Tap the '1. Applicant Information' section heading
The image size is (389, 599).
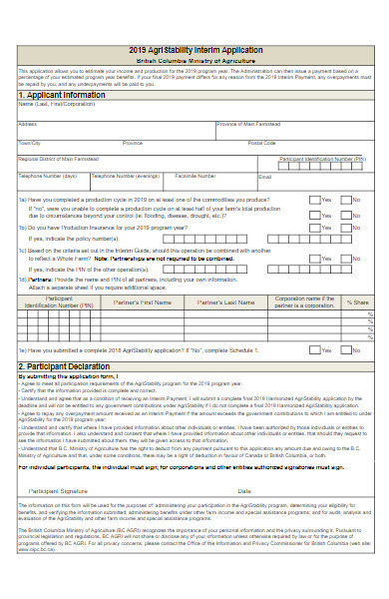(62, 96)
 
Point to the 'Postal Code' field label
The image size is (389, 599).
(262, 143)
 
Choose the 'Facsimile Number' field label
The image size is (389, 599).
(195, 176)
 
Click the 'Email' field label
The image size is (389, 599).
(265, 176)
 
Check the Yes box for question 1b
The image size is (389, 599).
(313, 228)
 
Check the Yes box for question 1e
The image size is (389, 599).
(313, 351)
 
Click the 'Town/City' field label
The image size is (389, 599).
(30, 143)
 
